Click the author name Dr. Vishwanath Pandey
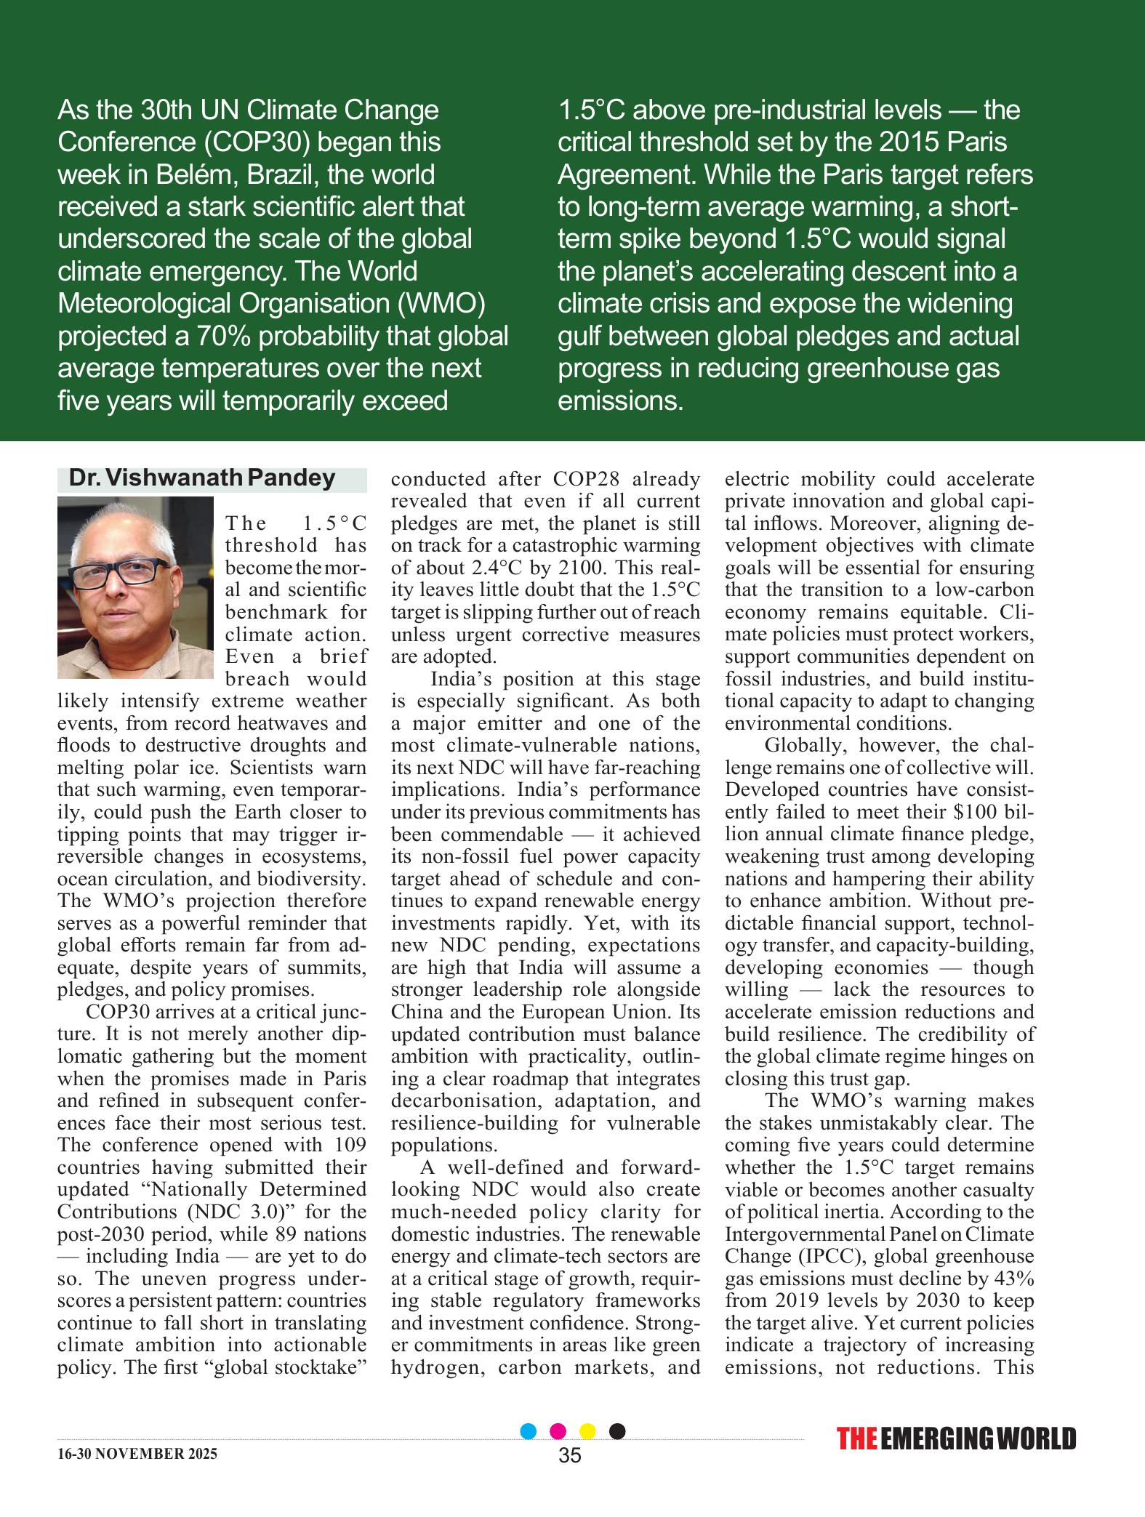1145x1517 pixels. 201,478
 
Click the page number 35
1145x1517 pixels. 571,1455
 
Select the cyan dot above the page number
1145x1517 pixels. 529,1431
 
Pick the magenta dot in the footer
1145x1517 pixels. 558,1431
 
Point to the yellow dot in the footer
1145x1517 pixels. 587,1431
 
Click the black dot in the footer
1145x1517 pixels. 616,1431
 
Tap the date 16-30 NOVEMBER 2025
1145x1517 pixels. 137,1454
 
